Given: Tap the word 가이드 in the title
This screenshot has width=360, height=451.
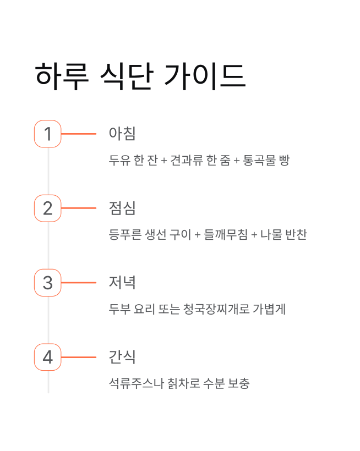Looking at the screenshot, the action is pos(205,76).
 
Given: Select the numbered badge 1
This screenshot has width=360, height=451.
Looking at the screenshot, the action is pos(48,134).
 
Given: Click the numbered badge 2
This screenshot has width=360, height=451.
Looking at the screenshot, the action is pos(48,208).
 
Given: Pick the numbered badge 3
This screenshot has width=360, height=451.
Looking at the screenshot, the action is pos(48,283).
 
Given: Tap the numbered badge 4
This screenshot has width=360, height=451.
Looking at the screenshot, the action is pos(48,358).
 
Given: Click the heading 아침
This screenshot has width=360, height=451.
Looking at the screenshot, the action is pos(122,134).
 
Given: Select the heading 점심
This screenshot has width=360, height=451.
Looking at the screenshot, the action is pos(122,208).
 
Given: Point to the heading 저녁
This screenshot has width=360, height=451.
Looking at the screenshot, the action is pos(122,283).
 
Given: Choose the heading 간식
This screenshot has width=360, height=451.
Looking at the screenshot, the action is pos(122,358).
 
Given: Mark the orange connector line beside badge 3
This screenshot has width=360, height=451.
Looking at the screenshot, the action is pos(79,283).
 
